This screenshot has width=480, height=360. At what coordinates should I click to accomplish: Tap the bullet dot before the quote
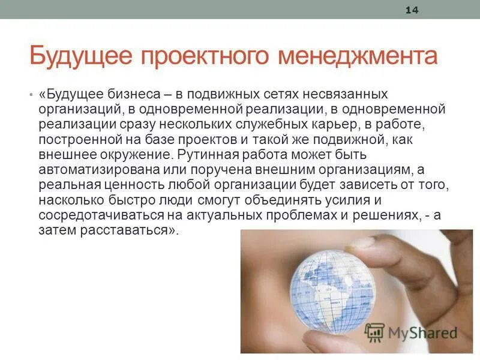coord(30,96)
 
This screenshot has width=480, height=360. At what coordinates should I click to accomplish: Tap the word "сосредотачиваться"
coord(94,215)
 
